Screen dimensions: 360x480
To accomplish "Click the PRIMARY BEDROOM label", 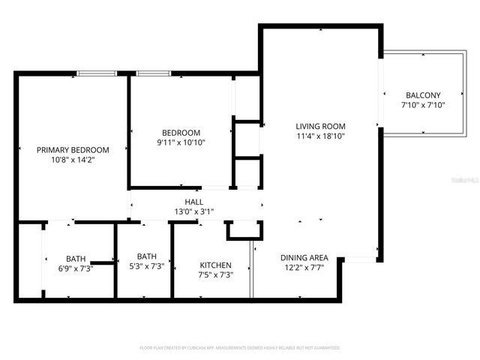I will tap(73, 149).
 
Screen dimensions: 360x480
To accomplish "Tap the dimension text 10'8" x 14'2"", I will tap(73, 160).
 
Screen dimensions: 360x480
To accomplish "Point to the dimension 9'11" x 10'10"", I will tap(181, 142).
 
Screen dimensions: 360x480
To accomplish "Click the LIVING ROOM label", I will tap(320, 126).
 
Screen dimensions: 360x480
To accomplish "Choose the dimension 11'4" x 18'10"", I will tap(320, 136).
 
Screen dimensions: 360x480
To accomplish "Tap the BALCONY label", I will tap(423, 95).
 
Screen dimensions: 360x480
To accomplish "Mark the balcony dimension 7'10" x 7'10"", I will tap(423, 106).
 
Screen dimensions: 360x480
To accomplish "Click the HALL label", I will tap(194, 202).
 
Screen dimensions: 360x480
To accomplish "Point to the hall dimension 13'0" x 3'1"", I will tap(194, 212).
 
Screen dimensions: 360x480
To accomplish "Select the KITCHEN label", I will tap(215, 265).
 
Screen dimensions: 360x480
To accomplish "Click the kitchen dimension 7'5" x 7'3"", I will tap(216, 275).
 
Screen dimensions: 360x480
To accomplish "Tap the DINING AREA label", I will tap(304, 257).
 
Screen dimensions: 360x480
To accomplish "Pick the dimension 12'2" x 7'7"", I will tap(304, 268).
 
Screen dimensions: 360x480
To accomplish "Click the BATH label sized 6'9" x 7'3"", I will tap(76, 258).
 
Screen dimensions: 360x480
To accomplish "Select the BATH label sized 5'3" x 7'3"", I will tap(146, 256).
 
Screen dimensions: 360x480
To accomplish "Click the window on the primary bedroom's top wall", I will tap(97, 73).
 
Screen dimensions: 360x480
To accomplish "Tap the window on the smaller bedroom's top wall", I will tap(153, 73).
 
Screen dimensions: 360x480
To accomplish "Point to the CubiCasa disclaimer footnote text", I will tap(240, 348).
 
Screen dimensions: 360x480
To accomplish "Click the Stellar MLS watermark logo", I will tap(466, 181).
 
